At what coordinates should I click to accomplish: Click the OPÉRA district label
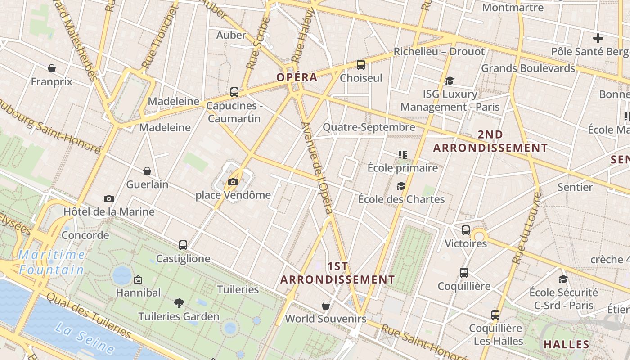coord(297,77)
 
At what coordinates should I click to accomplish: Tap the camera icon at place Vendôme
coord(233,182)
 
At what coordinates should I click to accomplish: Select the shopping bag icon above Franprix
coord(52,68)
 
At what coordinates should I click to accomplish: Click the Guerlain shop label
coord(147,184)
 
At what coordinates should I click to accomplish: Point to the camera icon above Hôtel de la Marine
coord(108,198)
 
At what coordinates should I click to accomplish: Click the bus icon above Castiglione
coord(183,245)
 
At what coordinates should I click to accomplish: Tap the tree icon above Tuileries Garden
coord(179,303)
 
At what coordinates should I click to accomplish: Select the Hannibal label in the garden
coord(138,292)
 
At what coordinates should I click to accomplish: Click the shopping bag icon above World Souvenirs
coord(326,306)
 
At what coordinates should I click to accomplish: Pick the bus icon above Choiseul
coord(361,65)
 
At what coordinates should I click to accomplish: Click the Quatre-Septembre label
coord(369,127)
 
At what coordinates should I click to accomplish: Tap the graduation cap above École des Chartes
coord(401,186)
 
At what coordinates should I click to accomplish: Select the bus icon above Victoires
coord(466,230)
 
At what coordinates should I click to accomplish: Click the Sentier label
coord(575,187)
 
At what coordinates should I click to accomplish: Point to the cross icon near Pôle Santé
coord(598,38)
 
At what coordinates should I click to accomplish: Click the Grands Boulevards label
coord(528,68)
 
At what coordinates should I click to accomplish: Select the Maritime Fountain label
coord(51,262)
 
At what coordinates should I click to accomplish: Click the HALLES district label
coord(566,345)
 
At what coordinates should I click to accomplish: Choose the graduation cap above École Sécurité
coord(563,279)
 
